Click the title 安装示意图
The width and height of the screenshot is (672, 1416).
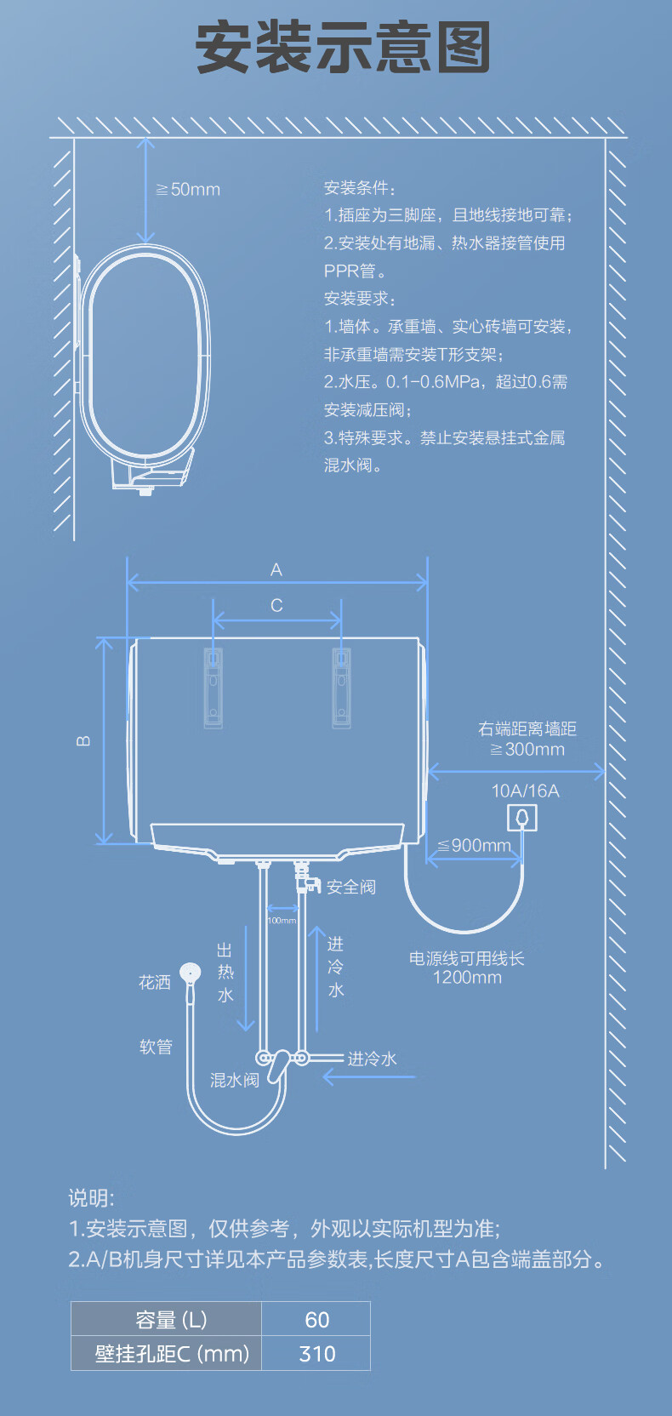344,48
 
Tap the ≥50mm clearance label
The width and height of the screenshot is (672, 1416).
188,189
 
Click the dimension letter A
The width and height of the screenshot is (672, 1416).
276,569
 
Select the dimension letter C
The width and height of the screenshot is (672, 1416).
277,606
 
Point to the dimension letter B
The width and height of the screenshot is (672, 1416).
83,741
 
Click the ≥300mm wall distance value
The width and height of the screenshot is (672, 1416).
528,749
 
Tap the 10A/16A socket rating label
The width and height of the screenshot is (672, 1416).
526,791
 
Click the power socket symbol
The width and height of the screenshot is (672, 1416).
522,817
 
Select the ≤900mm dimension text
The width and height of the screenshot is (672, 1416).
474,845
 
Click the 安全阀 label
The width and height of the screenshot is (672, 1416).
350,887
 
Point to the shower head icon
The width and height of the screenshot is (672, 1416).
190,973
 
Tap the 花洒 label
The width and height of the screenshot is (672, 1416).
155,982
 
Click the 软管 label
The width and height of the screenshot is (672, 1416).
156,1046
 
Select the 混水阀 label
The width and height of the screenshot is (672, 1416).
235,1080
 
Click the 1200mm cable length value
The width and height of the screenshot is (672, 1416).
467,977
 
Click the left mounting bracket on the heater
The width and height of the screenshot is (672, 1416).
213,688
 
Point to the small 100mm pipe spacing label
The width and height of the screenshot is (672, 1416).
282,921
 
